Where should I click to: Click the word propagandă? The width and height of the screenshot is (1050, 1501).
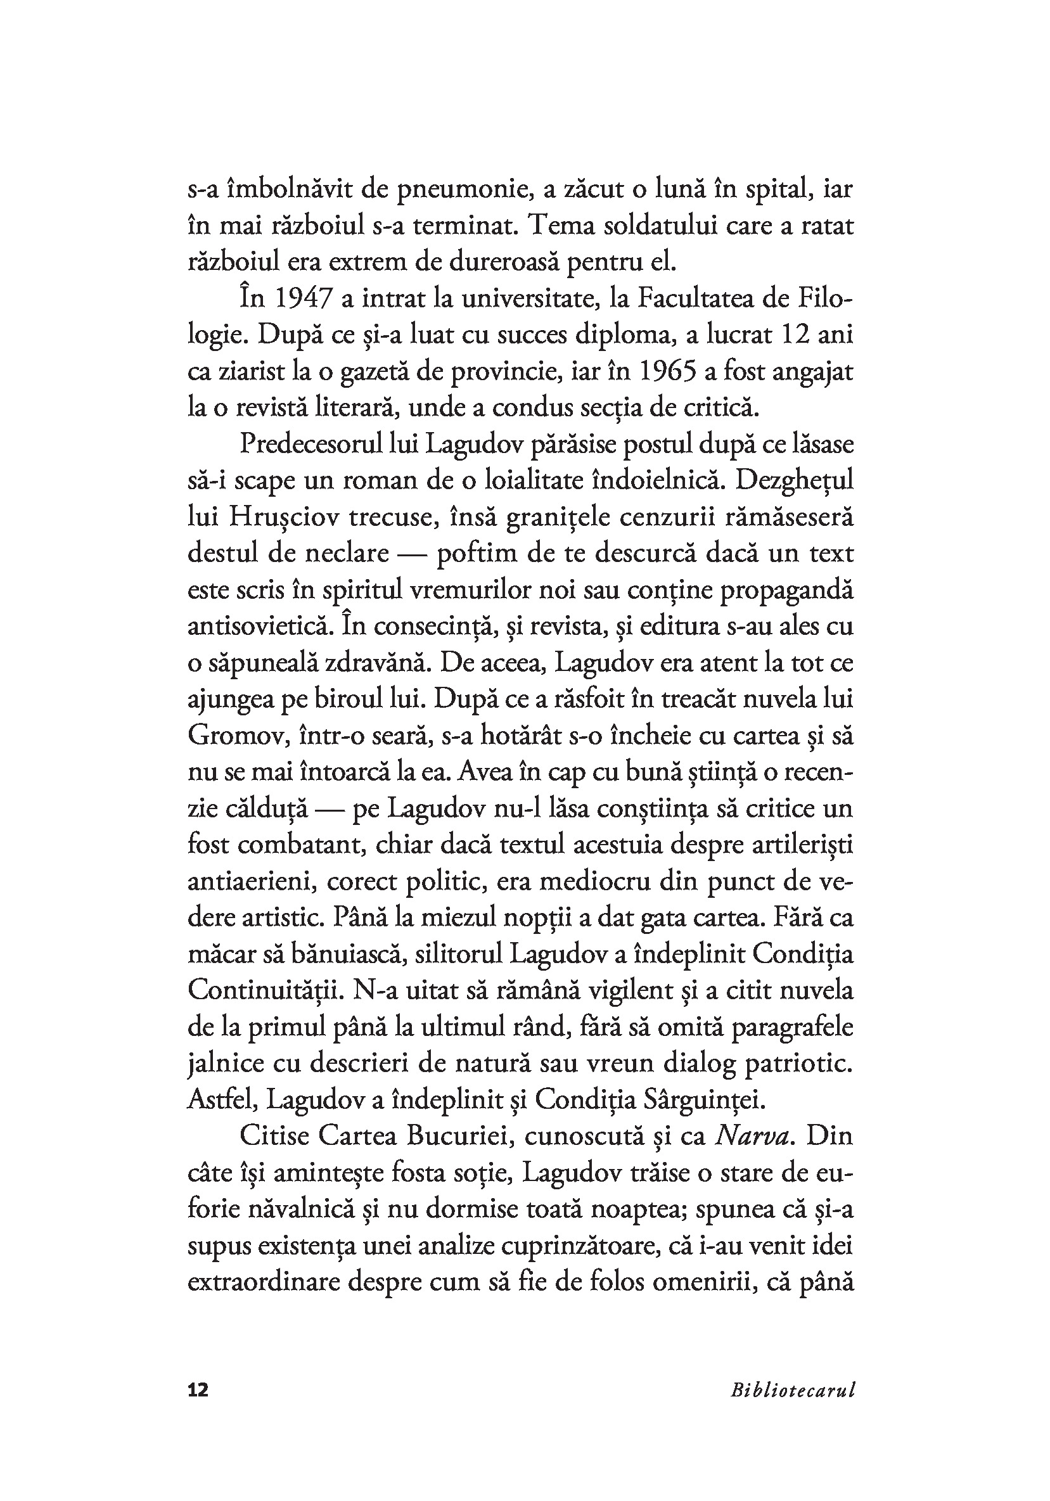(784, 591)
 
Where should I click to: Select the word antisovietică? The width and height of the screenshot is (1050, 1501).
(255, 626)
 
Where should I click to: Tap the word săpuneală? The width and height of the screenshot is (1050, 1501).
(262, 663)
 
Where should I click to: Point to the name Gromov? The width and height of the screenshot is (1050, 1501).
(233, 736)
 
